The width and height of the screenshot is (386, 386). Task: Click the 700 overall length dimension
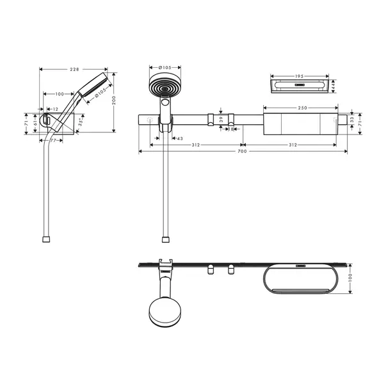pos(242,152)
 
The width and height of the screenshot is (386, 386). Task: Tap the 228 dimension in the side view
pos(74,69)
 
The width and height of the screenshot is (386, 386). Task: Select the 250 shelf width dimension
pos(303,108)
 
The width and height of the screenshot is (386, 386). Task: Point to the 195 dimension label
pos(299,76)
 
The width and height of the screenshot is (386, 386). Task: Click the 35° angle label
pos(81,122)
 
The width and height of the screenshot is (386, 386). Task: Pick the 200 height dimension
pos(114,101)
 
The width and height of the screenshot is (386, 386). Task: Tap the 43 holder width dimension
pos(180,139)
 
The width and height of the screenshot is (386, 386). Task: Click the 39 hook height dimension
pos(221,120)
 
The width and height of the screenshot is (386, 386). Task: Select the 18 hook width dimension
pos(230,129)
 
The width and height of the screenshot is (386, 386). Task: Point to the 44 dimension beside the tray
pos(334,86)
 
